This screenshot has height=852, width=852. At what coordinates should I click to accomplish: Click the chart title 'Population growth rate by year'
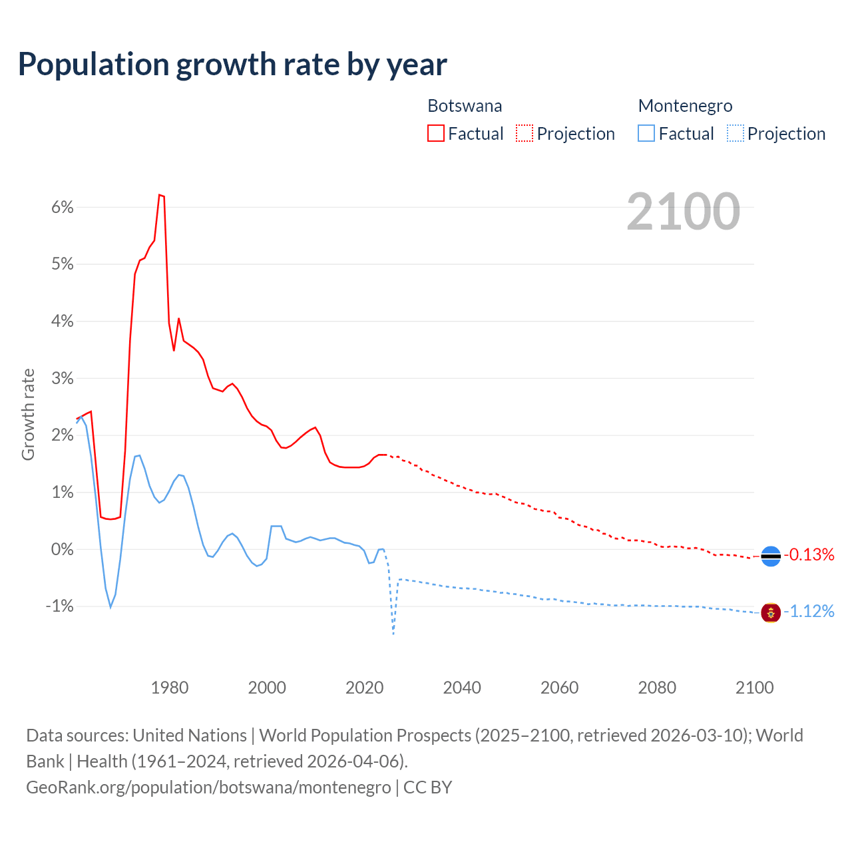point(232,65)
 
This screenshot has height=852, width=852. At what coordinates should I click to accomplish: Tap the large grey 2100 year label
point(683,212)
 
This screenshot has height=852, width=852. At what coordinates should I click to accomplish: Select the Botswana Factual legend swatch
point(436,133)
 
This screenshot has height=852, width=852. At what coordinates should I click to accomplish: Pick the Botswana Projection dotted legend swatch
point(525,133)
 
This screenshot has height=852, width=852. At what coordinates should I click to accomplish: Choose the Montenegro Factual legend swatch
point(646,133)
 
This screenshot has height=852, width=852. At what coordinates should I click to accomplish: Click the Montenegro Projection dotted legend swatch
point(736,133)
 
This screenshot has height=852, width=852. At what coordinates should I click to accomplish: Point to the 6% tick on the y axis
point(62,207)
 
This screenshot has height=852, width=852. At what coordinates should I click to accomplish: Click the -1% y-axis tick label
point(59,606)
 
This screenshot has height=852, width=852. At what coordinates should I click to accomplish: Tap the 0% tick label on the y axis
point(62,549)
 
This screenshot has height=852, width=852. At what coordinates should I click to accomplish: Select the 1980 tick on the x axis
point(170,688)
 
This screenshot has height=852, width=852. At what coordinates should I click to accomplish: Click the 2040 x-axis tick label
point(462,688)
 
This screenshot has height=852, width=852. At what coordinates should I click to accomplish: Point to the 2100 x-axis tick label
point(754,688)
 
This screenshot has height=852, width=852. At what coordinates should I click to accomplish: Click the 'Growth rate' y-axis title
point(28,414)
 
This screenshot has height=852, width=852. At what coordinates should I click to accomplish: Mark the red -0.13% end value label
point(809,554)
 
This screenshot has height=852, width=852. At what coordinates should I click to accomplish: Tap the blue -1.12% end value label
point(809,611)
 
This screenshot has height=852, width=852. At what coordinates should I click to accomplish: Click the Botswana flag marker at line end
point(771,556)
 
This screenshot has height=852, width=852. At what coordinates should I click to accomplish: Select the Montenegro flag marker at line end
point(771,612)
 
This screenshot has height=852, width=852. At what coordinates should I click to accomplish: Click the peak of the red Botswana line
point(160,194)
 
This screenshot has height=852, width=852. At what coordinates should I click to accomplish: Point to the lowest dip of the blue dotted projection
point(393,633)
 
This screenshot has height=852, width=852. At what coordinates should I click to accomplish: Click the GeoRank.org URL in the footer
point(208,787)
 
